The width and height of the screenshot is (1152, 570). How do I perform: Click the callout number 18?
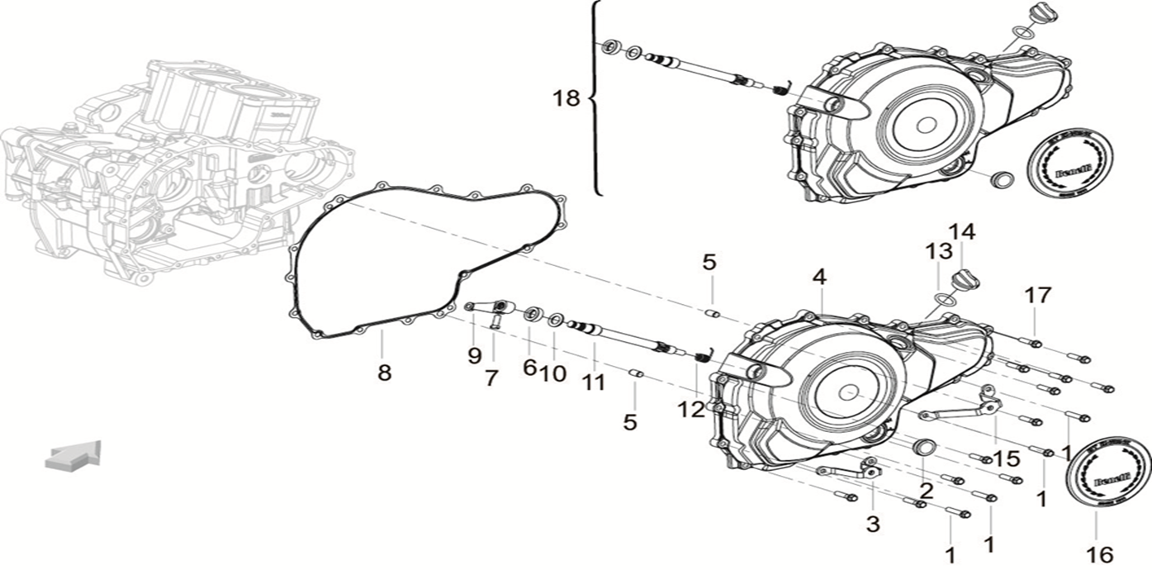click(x=567, y=98)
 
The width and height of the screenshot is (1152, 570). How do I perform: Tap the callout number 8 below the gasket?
click(x=384, y=373)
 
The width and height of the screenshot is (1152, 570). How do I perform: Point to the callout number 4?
click(x=818, y=278)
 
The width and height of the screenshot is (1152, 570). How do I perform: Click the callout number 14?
click(x=962, y=232)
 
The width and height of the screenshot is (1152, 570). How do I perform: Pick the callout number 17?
click(x=1038, y=294)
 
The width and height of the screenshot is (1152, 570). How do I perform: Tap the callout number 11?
click(x=593, y=382)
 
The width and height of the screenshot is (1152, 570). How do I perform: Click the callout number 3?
click(x=872, y=523)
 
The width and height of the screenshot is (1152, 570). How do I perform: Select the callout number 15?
click(x=1006, y=458)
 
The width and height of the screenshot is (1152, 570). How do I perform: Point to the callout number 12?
click(x=692, y=408)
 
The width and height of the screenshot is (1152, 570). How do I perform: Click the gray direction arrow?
click(x=73, y=456)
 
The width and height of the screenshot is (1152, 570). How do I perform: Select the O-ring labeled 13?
click(x=946, y=298)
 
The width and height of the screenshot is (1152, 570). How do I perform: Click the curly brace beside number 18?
click(x=595, y=98)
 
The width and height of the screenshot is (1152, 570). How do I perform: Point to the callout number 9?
click(x=474, y=355)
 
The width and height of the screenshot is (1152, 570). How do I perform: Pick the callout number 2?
click(x=927, y=491)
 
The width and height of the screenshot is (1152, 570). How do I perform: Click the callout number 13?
click(x=938, y=251)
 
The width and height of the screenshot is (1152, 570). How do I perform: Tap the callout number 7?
click(x=491, y=378)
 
